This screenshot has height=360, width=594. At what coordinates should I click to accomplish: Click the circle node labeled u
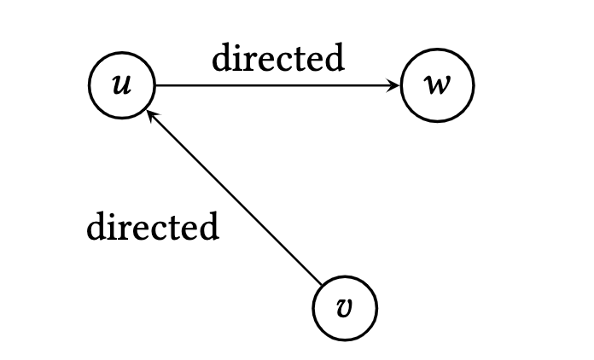pos(122,85)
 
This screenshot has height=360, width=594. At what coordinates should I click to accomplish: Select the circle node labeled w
pos(438,85)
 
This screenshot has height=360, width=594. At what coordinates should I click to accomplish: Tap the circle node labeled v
pos(345,308)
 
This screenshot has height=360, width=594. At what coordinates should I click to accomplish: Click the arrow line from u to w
pos(277,85)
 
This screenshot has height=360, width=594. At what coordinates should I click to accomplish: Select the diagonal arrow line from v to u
pos(234,197)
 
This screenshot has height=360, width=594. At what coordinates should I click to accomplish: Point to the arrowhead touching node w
pos(394,85)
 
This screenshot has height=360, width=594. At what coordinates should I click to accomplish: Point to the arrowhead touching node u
pos(152,115)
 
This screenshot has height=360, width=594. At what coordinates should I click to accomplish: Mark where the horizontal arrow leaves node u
pos(155,85)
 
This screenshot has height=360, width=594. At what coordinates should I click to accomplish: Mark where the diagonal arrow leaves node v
pos(322,284)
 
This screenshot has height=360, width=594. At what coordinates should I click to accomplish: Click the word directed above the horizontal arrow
pos(278,57)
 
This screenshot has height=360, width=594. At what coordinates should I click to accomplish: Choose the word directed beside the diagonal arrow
pos(153,226)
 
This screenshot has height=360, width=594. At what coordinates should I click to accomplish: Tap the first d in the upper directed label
pos(222,57)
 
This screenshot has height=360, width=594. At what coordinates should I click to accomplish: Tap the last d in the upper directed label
pos(335,57)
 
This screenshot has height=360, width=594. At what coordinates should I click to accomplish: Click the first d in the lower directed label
pos(97,226)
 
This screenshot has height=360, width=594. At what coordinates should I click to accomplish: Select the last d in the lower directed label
pos(210,226)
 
